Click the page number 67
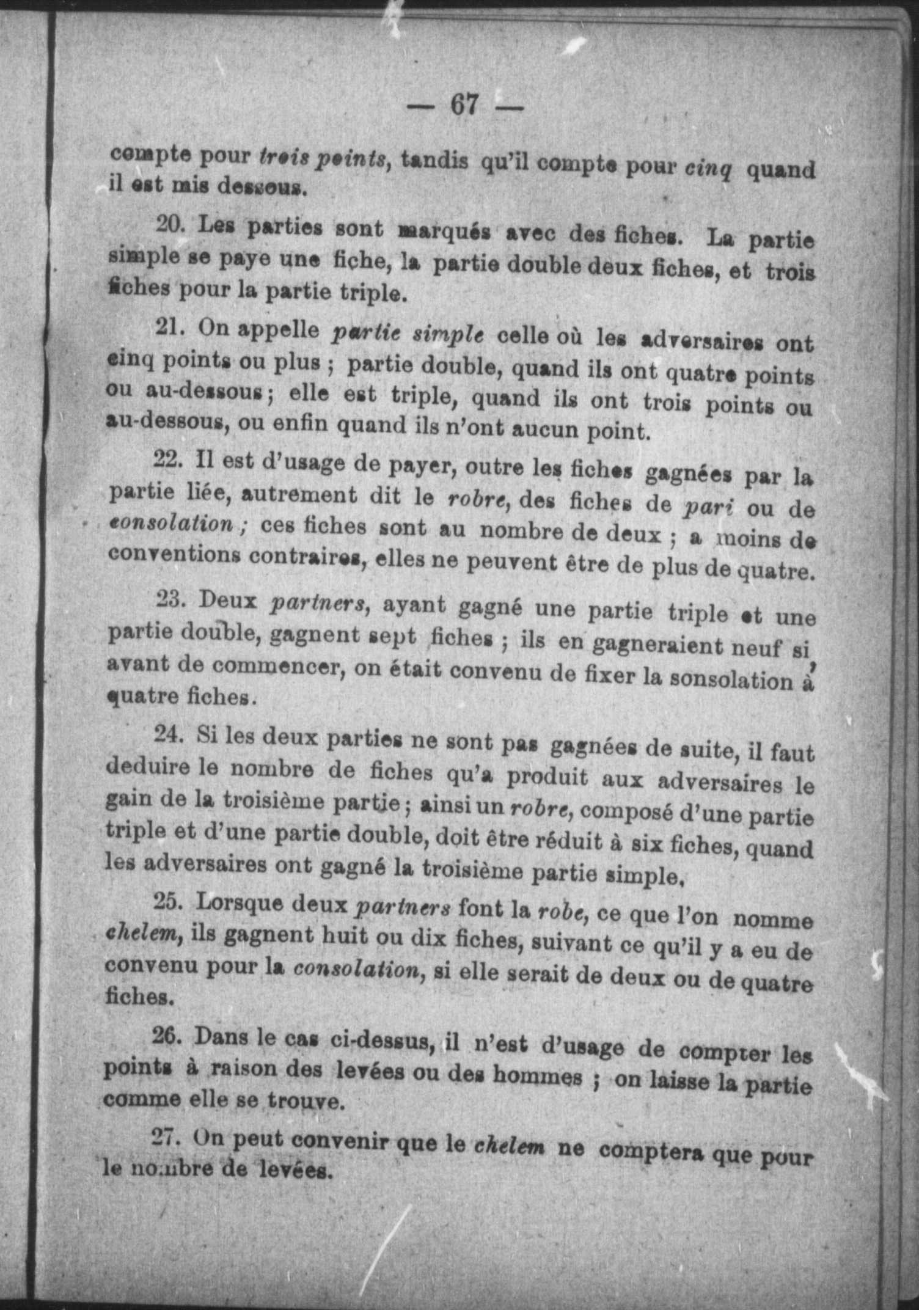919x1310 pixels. pyautogui.click(x=464, y=104)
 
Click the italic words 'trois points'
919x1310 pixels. pyautogui.click(x=323, y=157)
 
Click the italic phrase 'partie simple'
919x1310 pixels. pyautogui.click(x=408, y=334)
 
